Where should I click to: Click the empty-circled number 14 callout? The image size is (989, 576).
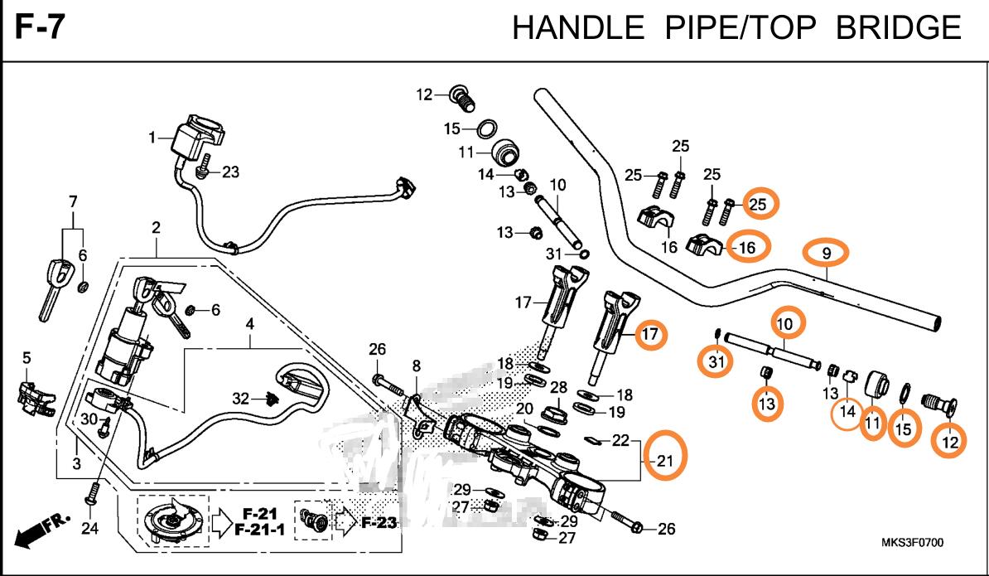coord(847,410)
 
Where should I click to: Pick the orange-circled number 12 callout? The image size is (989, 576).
coord(949,443)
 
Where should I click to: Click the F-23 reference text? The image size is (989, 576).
coord(378,522)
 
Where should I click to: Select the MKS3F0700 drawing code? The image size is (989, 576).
coord(912,543)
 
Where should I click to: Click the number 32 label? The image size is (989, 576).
coord(240,399)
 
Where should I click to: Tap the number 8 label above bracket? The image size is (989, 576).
coord(416,365)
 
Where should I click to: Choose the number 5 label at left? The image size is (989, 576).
coord(27,358)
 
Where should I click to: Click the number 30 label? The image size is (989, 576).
coord(89,419)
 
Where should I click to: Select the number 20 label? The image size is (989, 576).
coord(524,409)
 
